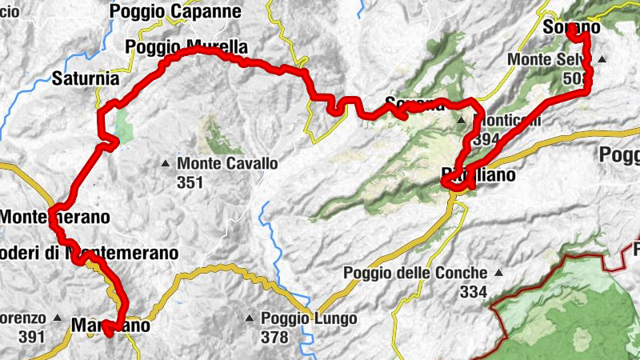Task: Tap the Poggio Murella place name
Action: pyautogui.click(x=186, y=47)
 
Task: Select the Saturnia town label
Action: pyautogui.click(x=85, y=79)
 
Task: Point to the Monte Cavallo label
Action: pyautogui.click(x=227, y=163)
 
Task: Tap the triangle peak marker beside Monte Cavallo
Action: pyautogui.click(x=166, y=164)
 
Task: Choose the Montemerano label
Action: pyautogui.click(x=54, y=217)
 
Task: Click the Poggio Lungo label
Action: pyautogui.click(x=309, y=318)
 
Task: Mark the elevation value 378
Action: pyautogui.click(x=274, y=338)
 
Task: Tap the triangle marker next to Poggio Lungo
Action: pyautogui.click(x=250, y=318)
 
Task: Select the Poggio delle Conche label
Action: pyautogui.click(x=416, y=273)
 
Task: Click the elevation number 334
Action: pyautogui.click(x=474, y=292)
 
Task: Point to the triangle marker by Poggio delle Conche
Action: pyautogui.click(x=499, y=273)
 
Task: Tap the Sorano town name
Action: pyautogui.click(x=571, y=28)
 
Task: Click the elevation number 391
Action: pyautogui.click(x=31, y=336)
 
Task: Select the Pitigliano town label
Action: pyautogui.click(x=478, y=174)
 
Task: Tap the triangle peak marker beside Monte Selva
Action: pyautogui.click(x=602, y=59)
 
